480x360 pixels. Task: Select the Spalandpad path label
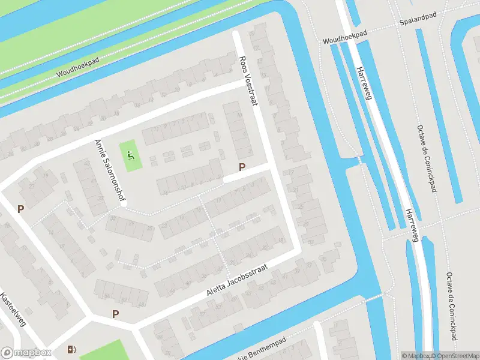pos(418,22)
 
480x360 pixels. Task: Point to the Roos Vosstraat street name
pos(248,81)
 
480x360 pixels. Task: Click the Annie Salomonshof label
pos(109,172)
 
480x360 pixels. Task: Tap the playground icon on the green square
pos(131,154)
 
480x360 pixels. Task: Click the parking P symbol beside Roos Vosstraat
pos(242,168)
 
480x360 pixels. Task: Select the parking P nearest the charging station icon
pos(115,314)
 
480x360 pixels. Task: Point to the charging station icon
pos(72,350)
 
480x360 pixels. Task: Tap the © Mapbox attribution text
pos(415,356)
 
